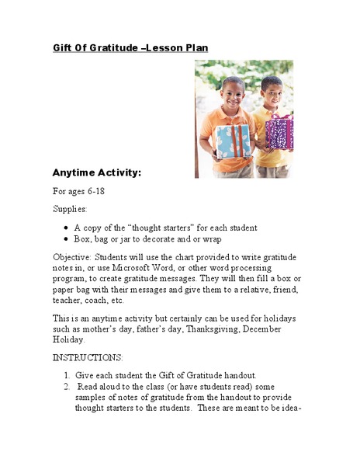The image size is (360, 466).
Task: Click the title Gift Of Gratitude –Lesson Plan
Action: tap(130, 48)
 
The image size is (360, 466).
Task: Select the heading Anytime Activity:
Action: tap(96, 172)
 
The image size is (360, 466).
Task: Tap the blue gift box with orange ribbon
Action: tap(233, 140)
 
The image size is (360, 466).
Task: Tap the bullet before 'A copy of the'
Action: tap(66, 228)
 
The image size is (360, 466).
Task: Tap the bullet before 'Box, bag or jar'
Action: tap(66, 239)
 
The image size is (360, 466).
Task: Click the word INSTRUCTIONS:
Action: tap(88, 357)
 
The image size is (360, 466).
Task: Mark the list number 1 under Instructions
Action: tap(67, 375)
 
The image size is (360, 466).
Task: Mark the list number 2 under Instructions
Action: tap(67, 386)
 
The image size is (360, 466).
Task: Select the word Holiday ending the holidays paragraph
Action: tap(68, 339)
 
